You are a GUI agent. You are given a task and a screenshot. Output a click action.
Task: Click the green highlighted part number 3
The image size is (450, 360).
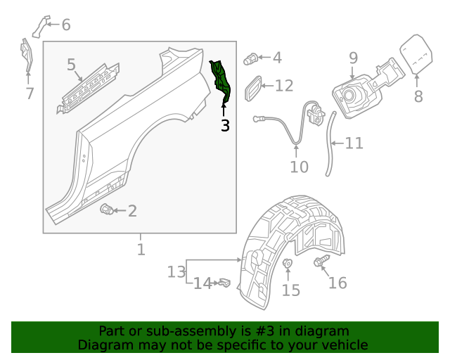[x=221, y=80]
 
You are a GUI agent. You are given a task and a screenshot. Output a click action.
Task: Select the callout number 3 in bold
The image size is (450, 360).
[x=225, y=126]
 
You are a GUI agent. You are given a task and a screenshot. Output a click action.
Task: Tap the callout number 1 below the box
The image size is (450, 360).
[x=141, y=250]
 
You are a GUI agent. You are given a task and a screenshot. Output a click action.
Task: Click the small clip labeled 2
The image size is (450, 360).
[x=107, y=209]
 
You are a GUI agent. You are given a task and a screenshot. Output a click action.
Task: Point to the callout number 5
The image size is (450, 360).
[x=72, y=65]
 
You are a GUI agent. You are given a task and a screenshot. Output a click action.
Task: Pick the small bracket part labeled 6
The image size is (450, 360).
[x=41, y=25]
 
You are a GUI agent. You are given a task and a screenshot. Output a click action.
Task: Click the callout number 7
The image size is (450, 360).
[x=30, y=94]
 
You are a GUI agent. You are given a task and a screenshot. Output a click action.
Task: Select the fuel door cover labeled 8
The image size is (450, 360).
[x=417, y=54]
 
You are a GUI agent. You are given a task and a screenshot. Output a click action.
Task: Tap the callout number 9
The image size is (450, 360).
[x=353, y=58]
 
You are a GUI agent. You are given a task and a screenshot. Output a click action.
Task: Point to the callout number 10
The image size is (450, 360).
[x=354, y=143]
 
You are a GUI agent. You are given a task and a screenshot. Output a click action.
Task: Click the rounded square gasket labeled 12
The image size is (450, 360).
[x=176, y=271]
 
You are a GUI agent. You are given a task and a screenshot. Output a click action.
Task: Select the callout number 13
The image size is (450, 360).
[x=224, y=283]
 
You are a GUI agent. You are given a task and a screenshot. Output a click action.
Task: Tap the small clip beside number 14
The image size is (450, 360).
[x=288, y=264]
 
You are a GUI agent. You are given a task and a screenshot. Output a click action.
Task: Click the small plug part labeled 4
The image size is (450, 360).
[x=251, y=58]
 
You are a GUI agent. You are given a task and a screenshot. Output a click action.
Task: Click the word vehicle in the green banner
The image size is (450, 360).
[x=344, y=345]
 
